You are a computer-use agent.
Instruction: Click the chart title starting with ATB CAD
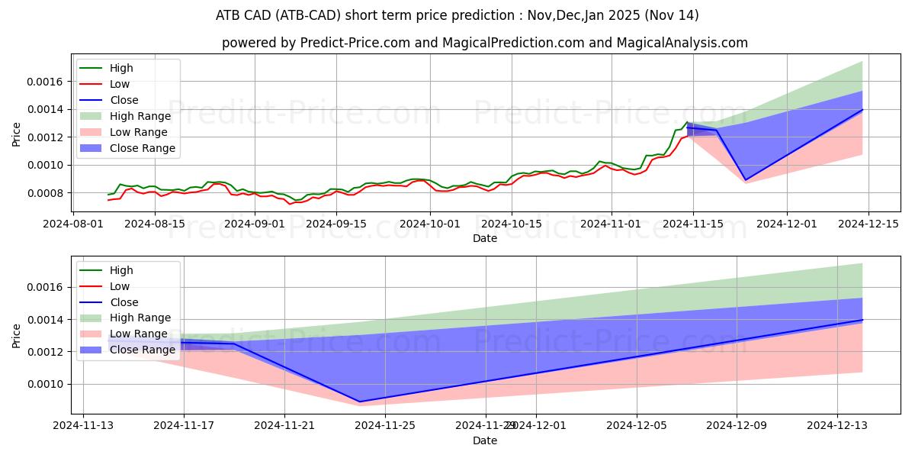click(457, 15)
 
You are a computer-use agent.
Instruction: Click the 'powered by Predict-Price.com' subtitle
click(484, 44)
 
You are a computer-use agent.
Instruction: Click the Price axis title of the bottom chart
click(17, 336)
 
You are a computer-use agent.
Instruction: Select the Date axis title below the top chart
click(484, 238)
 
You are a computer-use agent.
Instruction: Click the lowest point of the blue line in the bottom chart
click(359, 402)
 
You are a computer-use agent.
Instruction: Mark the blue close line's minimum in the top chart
click(745, 180)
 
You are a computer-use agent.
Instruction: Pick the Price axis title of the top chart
click(17, 134)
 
